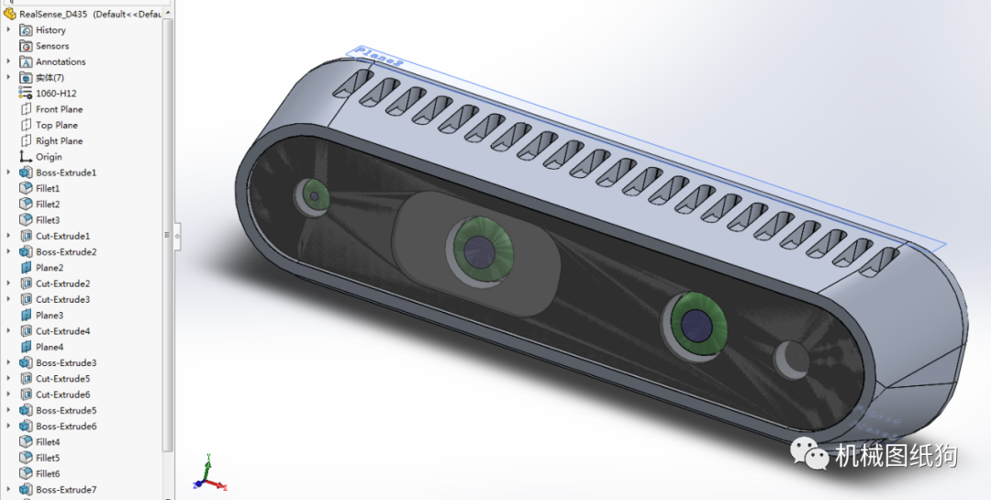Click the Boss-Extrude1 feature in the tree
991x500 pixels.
tap(65, 172)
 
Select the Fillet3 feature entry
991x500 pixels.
tap(48, 220)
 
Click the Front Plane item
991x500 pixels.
tap(59, 109)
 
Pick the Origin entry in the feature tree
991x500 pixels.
tap(49, 157)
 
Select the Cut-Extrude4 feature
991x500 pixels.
tap(62, 331)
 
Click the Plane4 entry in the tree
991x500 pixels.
tap(49, 347)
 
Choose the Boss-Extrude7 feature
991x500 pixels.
tap(65, 490)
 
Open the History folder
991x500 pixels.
tap(50, 30)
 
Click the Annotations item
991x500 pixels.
tap(61, 61)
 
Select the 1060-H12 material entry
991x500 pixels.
tap(56, 94)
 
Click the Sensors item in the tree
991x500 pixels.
tap(52, 46)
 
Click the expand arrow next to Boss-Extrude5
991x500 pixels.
tap(9, 410)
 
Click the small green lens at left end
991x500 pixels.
tap(313, 194)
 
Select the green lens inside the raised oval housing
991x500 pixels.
tap(479, 248)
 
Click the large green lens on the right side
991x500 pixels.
tap(696, 322)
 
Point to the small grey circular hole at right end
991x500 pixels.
tap(790, 359)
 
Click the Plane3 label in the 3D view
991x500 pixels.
tap(379, 56)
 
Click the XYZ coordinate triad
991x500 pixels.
tap(208, 475)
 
